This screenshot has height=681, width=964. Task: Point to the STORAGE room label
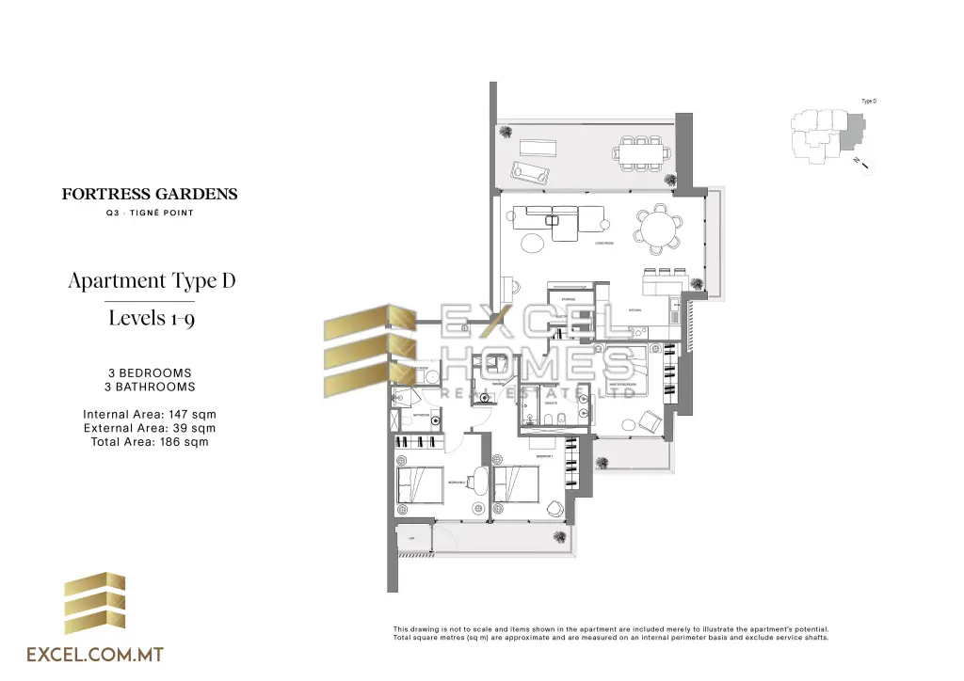pyautogui.click(x=568, y=299)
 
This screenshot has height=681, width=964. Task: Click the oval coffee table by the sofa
pyautogui.click(x=533, y=245)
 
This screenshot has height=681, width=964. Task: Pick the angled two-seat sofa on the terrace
pyautogui.click(x=530, y=172)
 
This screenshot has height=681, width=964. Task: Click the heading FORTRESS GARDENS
pyautogui.click(x=150, y=195)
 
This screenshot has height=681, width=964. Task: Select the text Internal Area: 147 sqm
pyautogui.click(x=150, y=414)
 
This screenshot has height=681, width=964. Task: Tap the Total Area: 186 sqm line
pyautogui.click(x=150, y=441)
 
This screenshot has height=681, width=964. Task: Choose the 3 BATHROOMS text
pyautogui.click(x=150, y=387)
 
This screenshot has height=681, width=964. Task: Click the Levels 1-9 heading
pyautogui.click(x=152, y=317)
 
